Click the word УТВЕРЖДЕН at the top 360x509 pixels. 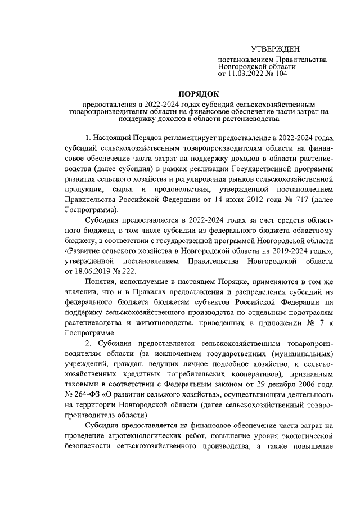[276, 50]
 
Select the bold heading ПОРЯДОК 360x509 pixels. [199, 93]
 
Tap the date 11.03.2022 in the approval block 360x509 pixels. [248, 73]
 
